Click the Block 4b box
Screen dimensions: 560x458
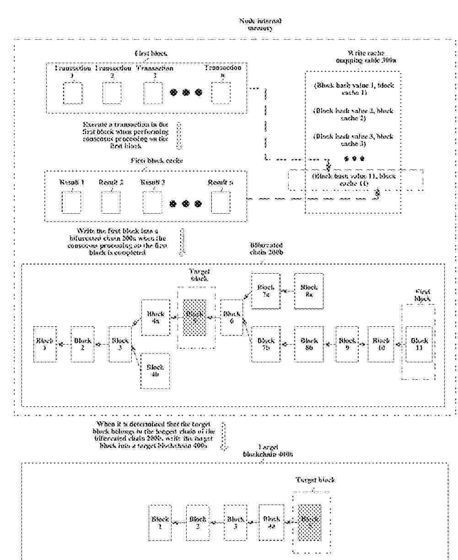click(155, 371)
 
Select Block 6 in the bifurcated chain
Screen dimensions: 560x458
click(232, 318)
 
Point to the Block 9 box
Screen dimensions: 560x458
click(347, 344)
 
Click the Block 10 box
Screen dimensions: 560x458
click(380, 344)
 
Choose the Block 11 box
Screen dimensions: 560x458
click(419, 344)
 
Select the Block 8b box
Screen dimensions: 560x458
click(309, 344)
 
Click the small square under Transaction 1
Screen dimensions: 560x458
click(72, 93)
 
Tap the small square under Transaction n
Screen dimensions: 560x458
click(221, 93)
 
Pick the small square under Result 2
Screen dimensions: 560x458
click(111, 202)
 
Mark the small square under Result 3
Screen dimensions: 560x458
click(152, 202)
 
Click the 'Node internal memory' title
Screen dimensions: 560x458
click(260, 24)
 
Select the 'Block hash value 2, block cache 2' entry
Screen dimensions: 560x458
click(353, 114)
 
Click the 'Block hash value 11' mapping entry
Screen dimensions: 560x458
click(353, 179)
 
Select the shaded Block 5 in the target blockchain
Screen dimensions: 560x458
click(309, 522)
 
